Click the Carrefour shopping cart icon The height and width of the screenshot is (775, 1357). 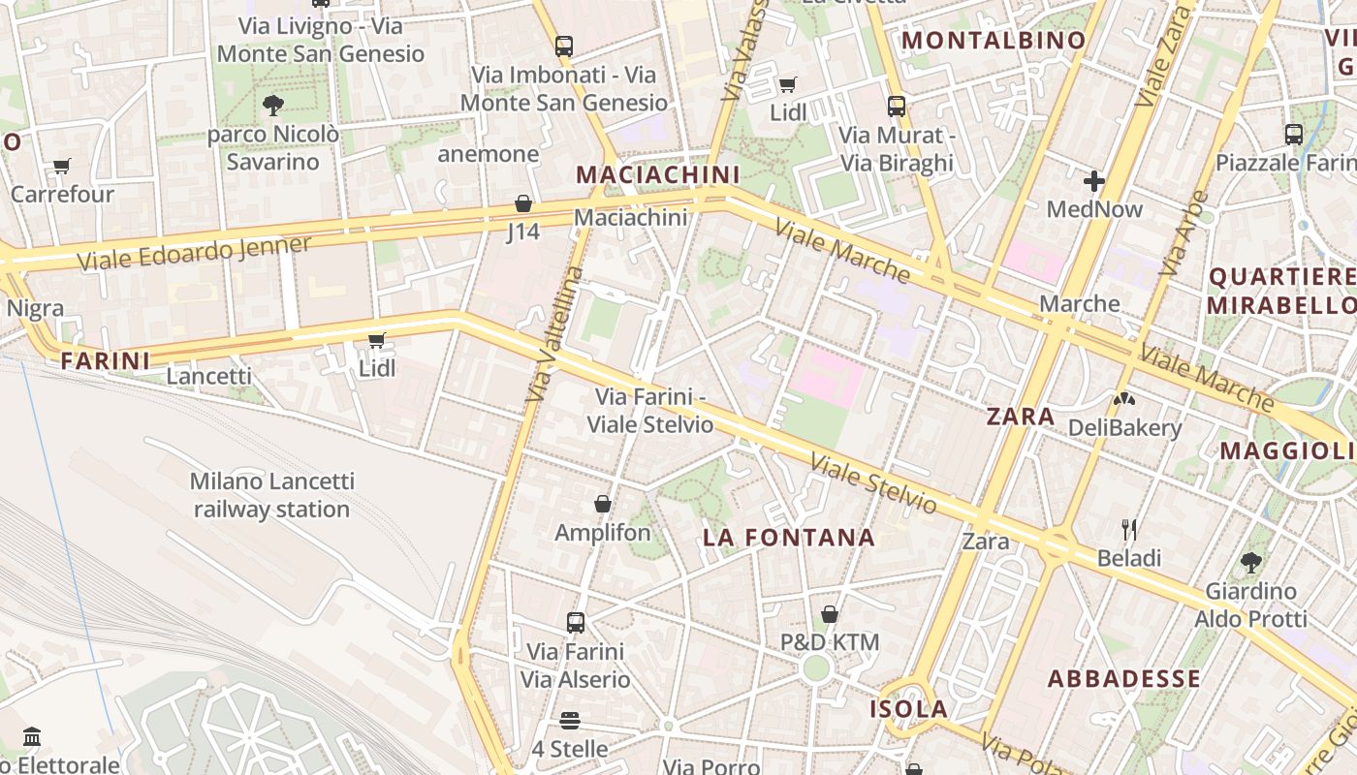[62, 167]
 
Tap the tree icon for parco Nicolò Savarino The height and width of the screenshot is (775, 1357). [273, 105]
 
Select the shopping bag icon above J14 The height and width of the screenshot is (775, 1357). [523, 203]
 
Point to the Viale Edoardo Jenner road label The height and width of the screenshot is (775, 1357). [194, 253]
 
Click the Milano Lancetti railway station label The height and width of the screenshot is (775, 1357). [271, 495]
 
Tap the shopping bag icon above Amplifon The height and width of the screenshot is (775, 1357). [603, 504]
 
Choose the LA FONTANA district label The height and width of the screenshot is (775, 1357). [789, 538]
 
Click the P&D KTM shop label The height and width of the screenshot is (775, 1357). [830, 642]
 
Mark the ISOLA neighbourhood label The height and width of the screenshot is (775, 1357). [908, 709]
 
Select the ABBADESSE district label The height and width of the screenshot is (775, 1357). [1124, 678]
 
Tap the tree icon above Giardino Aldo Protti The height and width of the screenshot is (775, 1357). [1251, 562]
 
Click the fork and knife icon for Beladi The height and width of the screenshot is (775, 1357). [1129, 529]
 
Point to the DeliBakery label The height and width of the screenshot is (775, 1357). [1124, 428]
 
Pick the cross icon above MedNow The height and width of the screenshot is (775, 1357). [1094, 181]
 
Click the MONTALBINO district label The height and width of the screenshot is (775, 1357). [994, 41]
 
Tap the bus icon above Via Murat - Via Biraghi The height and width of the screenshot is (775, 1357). [897, 107]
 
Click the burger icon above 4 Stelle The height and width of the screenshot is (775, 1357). [570, 721]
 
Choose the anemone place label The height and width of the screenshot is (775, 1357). [488, 154]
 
